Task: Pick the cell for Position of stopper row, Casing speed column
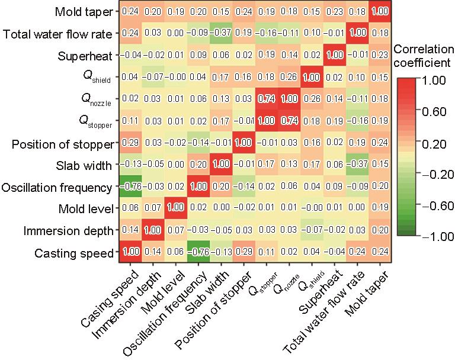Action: point(130,144)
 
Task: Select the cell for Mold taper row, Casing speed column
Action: point(130,12)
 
